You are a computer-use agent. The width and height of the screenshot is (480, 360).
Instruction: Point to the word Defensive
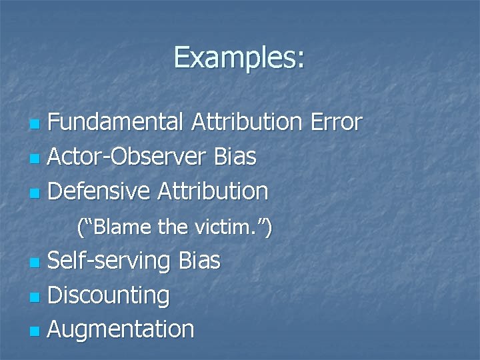pos(100,191)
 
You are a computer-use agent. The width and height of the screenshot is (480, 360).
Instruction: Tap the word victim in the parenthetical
pos(231,228)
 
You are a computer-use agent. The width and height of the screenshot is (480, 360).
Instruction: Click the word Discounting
pos(109,295)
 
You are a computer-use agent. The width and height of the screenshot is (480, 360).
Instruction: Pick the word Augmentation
pos(121,329)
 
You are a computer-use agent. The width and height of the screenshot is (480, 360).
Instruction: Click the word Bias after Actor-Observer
pos(235,157)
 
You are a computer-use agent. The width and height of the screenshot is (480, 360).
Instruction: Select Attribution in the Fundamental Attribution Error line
pos(246,122)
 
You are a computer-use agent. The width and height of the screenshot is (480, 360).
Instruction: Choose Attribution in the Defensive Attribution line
pos(213,191)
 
